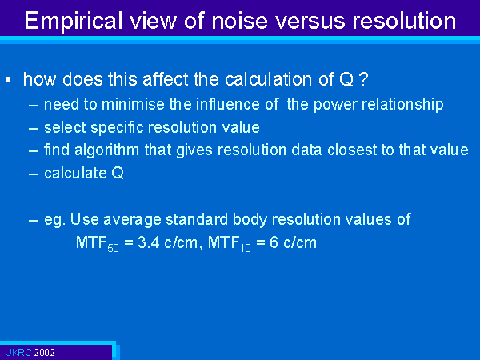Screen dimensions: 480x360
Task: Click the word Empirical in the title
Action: click(x=74, y=22)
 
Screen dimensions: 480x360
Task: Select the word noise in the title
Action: click(x=239, y=20)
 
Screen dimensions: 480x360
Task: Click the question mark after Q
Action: click(x=363, y=79)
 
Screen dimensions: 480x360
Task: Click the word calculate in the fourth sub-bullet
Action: click(x=75, y=173)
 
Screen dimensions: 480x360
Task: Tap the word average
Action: click(x=132, y=220)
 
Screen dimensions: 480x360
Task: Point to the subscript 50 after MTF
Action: click(x=113, y=248)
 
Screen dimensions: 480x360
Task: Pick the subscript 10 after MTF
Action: click(x=246, y=248)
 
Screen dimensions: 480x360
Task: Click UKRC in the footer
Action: click(x=18, y=353)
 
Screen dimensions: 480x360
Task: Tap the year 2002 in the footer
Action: click(x=44, y=353)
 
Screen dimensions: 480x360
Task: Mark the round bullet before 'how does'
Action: click(x=8, y=80)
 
